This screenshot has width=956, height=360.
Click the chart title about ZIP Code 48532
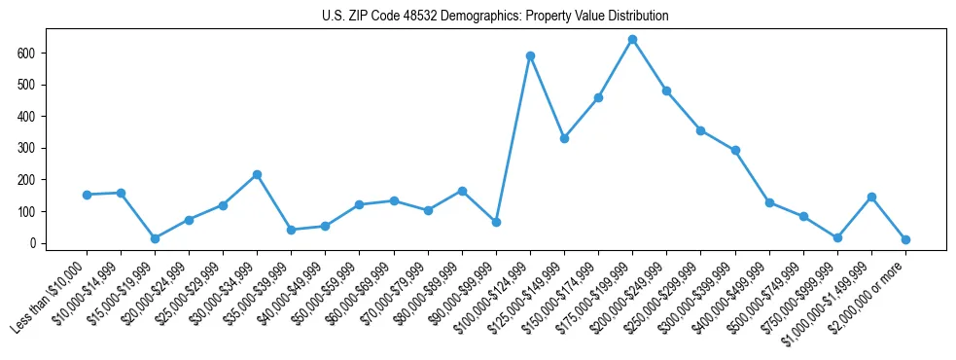click(x=495, y=17)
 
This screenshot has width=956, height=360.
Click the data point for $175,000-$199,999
click(x=632, y=40)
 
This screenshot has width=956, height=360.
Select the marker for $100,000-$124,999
click(x=530, y=55)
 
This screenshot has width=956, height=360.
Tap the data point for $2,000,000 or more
click(x=905, y=239)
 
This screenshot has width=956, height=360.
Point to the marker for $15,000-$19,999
click(x=155, y=238)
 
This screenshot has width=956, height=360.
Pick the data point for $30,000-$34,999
click(x=257, y=174)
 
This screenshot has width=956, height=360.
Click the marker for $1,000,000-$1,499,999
click(x=871, y=197)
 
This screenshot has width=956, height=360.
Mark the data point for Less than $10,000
click(x=87, y=195)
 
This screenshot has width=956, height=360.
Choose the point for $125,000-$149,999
click(x=564, y=138)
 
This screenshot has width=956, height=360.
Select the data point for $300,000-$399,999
click(x=735, y=150)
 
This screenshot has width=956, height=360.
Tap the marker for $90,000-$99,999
click(x=496, y=222)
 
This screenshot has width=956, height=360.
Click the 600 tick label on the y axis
click(x=26, y=53)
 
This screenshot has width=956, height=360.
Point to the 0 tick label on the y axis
click(x=32, y=243)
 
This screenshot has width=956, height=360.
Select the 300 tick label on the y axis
click(x=26, y=148)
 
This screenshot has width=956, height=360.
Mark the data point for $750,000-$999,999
click(x=837, y=237)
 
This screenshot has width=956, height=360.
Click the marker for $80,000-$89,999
click(x=462, y=191)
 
